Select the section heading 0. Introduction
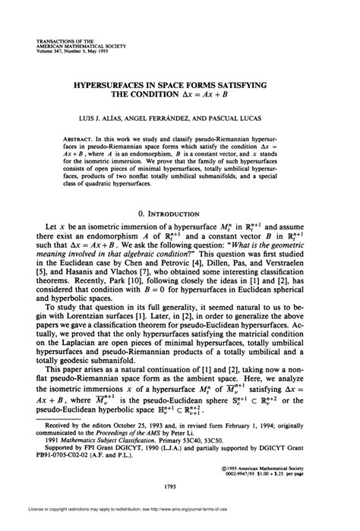coord(180,213)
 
